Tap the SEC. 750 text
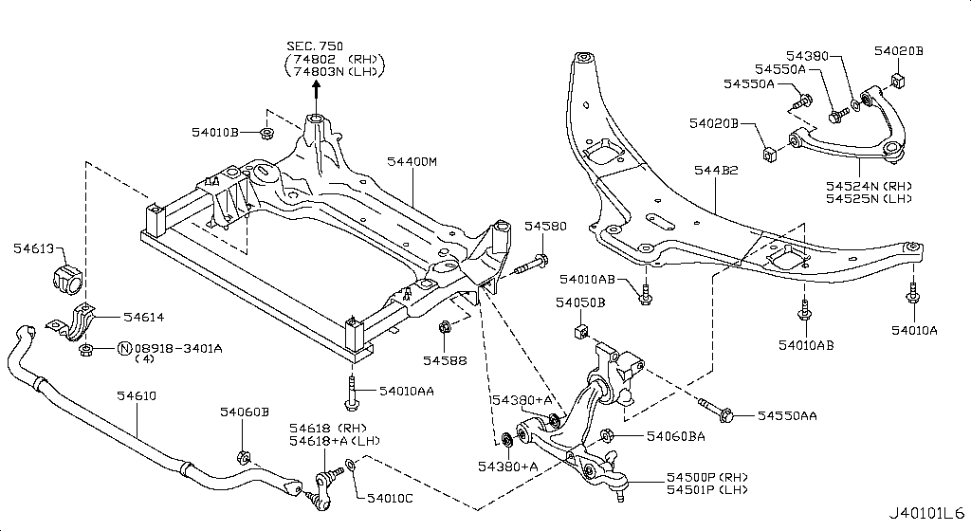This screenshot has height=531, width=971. [x=317, y=46]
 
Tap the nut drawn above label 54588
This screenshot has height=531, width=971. [x=444, y=329]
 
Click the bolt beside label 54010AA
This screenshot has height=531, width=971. [x=352, y=393]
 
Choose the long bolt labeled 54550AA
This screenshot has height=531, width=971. [x=719, y=412]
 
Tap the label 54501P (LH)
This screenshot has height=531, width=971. [x=705, y=489]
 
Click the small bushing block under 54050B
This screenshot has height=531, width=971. [x=583, y=331]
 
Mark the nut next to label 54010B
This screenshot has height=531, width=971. [x=267, y=132]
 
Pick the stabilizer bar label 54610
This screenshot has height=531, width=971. [x=136, y=395]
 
